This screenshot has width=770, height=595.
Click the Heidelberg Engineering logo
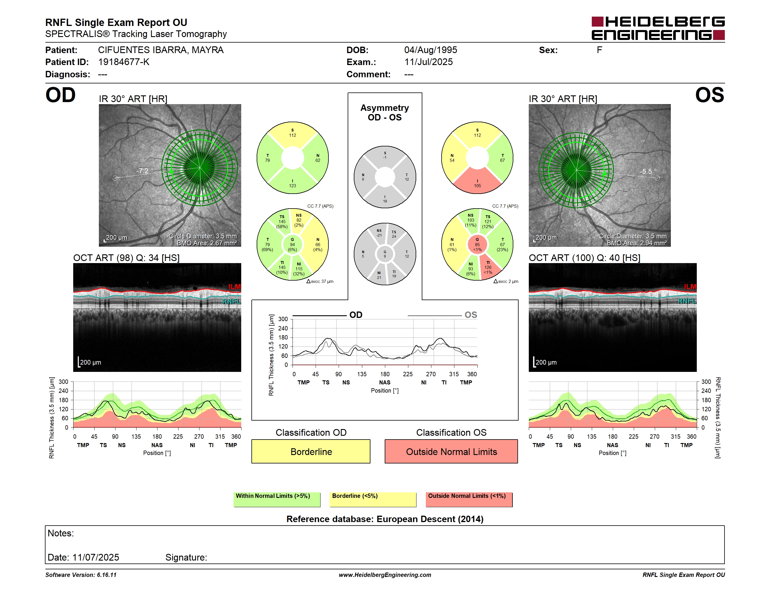pyautogui.click(x=658, y=28)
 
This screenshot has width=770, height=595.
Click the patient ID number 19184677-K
pyautogui.click(x=124, y=62)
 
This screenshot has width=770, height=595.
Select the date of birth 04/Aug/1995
pyautogui.click(x=430, y=50)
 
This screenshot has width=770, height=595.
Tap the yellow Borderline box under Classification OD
pyautogui.click(x=311, y=451)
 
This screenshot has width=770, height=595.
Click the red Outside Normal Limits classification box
pyautogui.click(x=451, y=451)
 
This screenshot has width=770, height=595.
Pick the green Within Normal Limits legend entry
pyautogui.click(x=277, y=499)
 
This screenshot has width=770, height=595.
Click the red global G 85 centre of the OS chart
pyautogui.click(x=477, y=244)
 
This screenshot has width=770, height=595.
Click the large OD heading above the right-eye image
pyautogui.click(x=61, y=95)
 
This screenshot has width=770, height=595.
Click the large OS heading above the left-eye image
pyautogui.click(x=710, y=95)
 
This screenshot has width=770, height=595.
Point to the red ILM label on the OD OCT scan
pyautogui.click(x=235, y=287)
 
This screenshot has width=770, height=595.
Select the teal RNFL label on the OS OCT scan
pyautogui.click(x=687, y=301)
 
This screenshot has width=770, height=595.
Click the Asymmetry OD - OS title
pyautogui.click(x=385, y=113)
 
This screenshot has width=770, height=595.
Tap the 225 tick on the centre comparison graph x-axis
pyautogui.click(x=407, y=374)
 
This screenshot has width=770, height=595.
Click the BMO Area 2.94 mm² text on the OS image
pyautogui.click(x=637, y=243)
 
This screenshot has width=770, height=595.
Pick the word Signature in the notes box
pyautogui.click(x=186, y=557)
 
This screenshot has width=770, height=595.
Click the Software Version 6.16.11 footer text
pyautogui.click(x=81, y=575)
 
